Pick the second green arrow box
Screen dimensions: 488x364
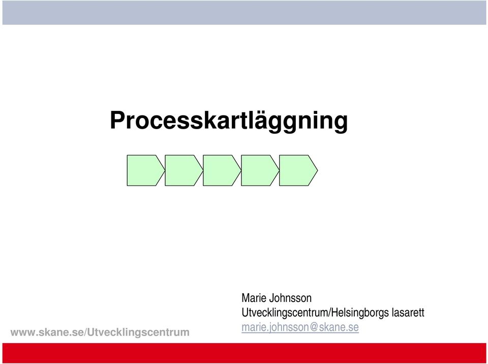[184, 170]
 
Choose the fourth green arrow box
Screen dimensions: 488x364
[260, 170]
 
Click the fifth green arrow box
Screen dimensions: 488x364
[298, 170]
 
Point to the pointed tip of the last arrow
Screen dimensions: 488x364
[317, 170]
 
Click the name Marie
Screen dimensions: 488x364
[254, 298]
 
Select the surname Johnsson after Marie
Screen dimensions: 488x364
[290, 298]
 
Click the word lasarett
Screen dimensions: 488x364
[408, 312]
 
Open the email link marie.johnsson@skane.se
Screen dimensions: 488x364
[300, 327]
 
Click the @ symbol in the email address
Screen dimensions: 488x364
[314, 327]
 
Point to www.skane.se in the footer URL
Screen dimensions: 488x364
[47, 332]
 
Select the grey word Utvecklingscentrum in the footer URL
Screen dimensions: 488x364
[138, 332]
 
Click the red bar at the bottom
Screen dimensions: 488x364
[244, 353]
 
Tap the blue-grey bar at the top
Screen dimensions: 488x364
[244, 12]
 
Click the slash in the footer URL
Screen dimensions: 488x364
[85, 332]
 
